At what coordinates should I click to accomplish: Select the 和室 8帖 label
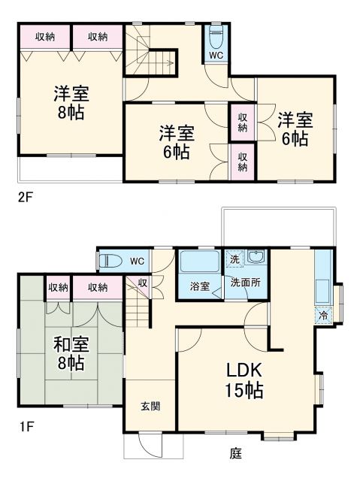tap(71, 353)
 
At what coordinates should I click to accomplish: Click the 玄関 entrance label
tap(150, 406)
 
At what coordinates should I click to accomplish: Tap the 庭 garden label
tap(236, 453)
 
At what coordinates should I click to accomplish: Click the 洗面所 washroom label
tap(245, 283)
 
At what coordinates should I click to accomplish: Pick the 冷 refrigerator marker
tap(322, 316)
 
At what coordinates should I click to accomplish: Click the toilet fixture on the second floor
tap(216, 38)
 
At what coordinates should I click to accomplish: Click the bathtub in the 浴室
tap(199, 263)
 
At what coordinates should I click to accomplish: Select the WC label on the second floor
tap(216, 56)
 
